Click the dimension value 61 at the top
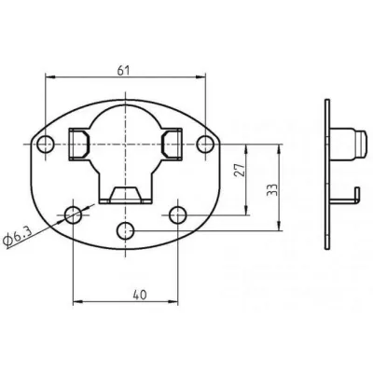pos(125,67)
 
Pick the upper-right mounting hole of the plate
pos(205,144)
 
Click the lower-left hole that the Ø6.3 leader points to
pos(74,215)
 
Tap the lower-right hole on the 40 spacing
pos(177,215)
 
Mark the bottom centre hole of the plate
pos(124,229)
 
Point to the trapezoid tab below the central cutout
pos(125,195)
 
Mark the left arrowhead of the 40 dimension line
pos(77,301)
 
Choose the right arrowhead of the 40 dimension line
pos(173,301)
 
